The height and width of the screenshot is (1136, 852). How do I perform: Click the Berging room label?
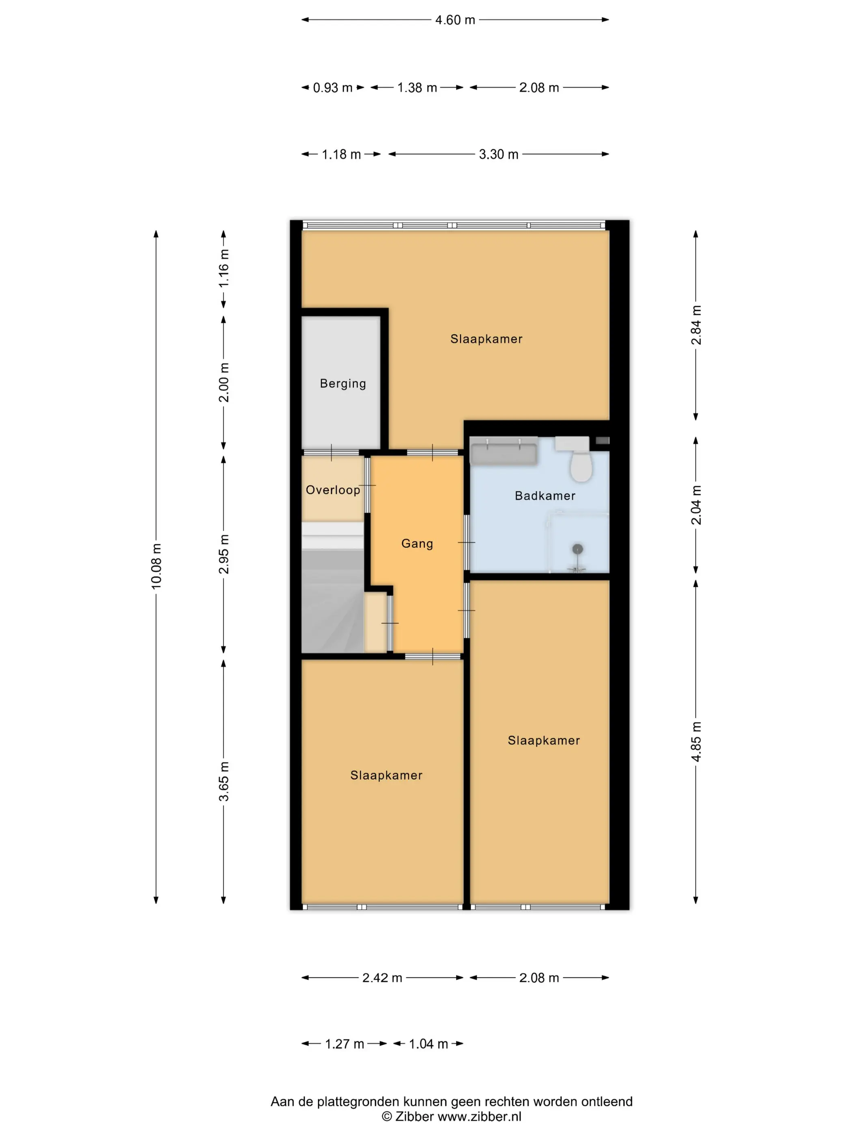coord(342,384)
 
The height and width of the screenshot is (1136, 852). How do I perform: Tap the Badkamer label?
coord(545,496)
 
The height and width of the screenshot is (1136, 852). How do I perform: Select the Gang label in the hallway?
coord(417,543)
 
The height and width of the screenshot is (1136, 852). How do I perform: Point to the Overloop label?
coord(333,490)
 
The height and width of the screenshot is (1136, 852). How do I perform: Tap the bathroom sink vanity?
coord(504,452)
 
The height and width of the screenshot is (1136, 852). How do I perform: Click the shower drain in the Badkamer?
coord(578,549)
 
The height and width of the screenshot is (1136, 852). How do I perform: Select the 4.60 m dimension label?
coord(455,20)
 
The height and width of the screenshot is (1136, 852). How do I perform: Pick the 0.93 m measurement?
coord(333,88)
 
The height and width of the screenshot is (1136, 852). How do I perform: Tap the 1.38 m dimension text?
coord(417,88)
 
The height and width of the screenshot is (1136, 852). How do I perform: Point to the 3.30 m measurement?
coord(499,154)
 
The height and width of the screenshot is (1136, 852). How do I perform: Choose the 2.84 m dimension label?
coord(696,325)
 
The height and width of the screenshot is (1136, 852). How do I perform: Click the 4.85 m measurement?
coord(696,742)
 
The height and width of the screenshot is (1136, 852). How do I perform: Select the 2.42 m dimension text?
coord(382,977)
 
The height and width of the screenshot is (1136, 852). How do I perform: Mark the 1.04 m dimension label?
coord(428,1043)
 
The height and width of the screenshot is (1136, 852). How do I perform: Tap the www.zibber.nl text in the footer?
coord(480,1116)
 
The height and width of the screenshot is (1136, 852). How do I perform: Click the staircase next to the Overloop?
coord(333,588)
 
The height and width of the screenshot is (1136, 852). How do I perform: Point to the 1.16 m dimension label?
coord(224,269)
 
